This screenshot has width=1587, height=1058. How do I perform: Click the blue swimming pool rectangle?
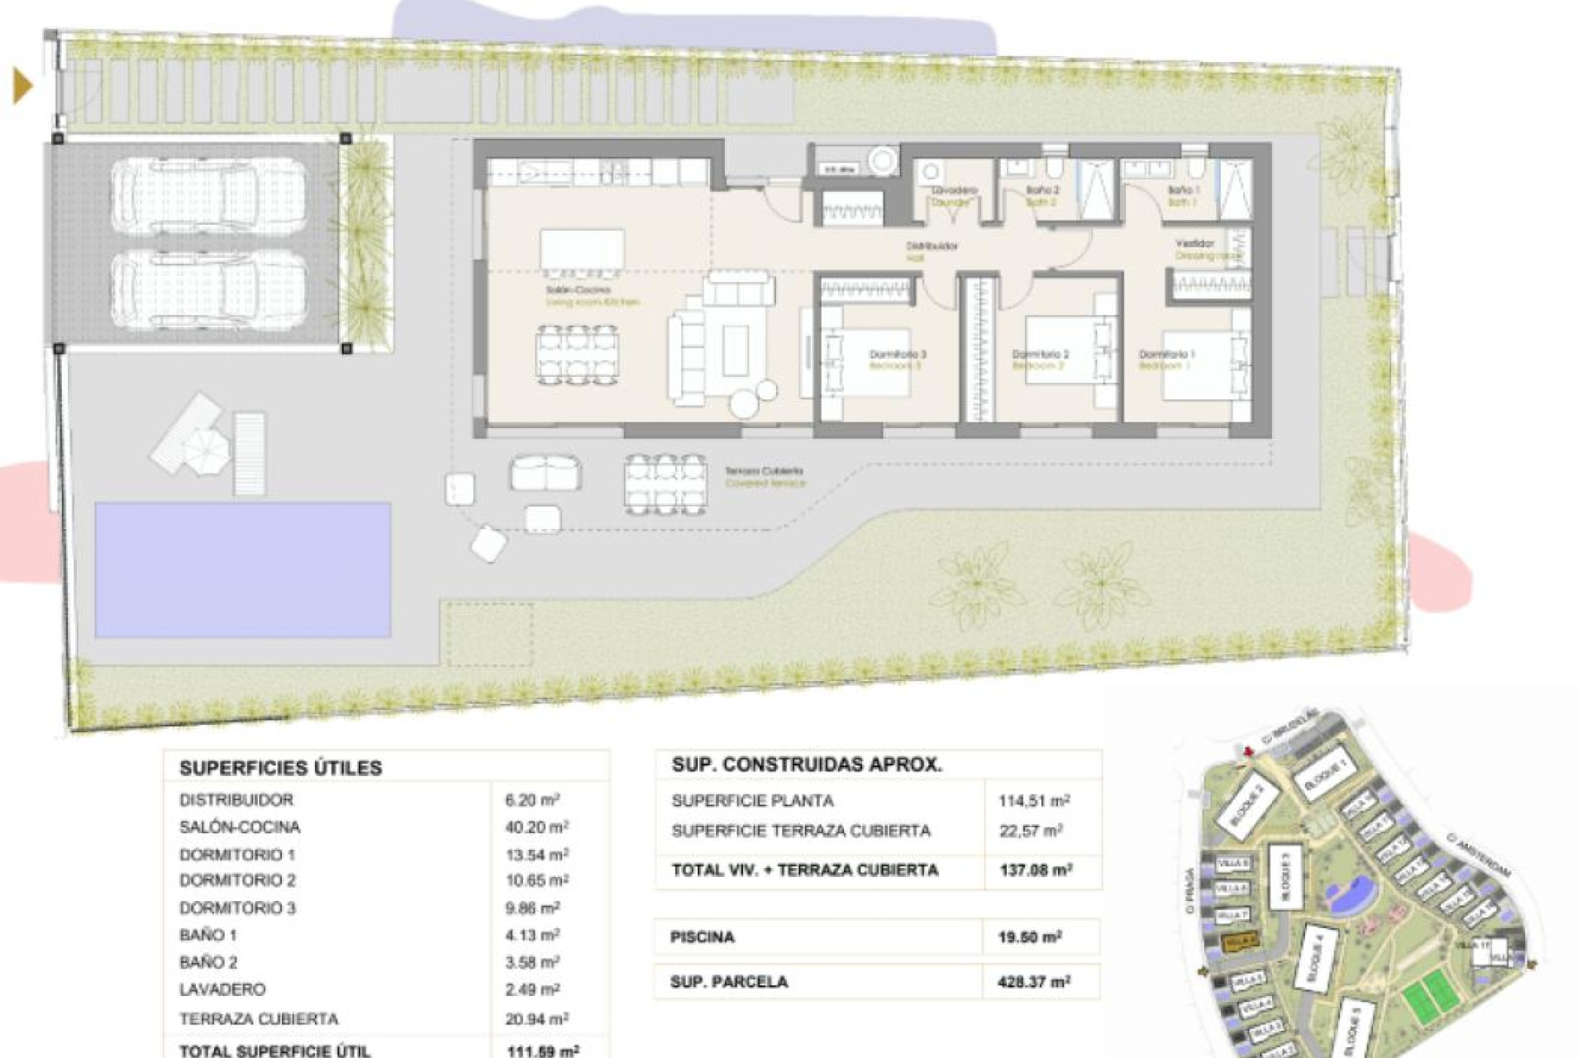[242, 570]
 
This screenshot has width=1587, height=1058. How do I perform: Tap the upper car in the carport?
[208, 196]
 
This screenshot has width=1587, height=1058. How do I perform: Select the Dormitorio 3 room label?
[898, 359]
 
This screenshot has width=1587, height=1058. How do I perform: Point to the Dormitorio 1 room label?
[1166, 359]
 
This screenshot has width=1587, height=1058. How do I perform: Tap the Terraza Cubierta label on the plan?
[765, 476]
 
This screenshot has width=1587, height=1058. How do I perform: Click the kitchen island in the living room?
[582, 249]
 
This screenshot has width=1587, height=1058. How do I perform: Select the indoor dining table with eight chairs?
[577, 355]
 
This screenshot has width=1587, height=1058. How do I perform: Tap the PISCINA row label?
[703, 937]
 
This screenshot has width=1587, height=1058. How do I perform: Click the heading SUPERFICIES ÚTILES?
[280, 768]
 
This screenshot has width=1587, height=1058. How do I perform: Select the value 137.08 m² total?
[1036, 870]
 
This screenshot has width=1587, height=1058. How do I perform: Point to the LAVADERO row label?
[222, 989]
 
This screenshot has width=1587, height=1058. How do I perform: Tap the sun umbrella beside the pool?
[206, 450]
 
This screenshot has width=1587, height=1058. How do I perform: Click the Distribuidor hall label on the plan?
[932, 250]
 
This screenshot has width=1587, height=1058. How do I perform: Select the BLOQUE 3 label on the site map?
[1284, 875]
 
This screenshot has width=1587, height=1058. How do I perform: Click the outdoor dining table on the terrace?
[665, 484]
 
